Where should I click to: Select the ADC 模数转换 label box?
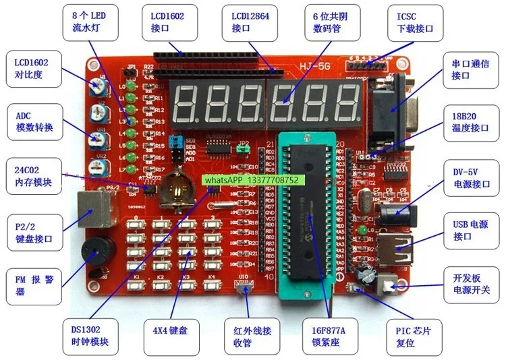tap(32, 121)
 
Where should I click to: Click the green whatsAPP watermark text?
tap(252, 181)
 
